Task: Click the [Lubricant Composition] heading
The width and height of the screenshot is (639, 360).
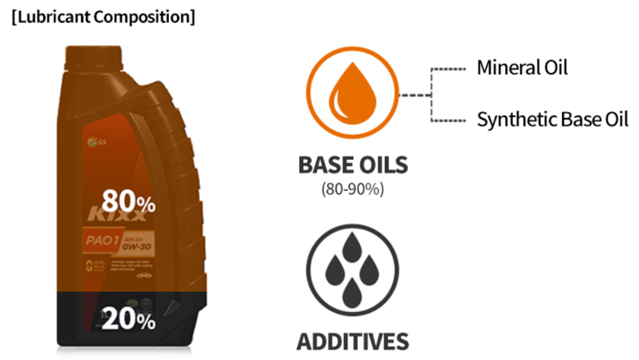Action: click(103, 17)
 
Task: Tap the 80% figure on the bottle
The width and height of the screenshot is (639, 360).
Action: click(129, 201)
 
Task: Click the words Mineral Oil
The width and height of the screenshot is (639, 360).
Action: click(522, 68)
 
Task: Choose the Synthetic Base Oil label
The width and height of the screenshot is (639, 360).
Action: click(552, 119)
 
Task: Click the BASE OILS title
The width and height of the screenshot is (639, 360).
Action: click(352, 165)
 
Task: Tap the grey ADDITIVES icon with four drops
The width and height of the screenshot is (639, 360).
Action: click(352, 269)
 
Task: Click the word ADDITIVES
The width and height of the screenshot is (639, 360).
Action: click(352, 340)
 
